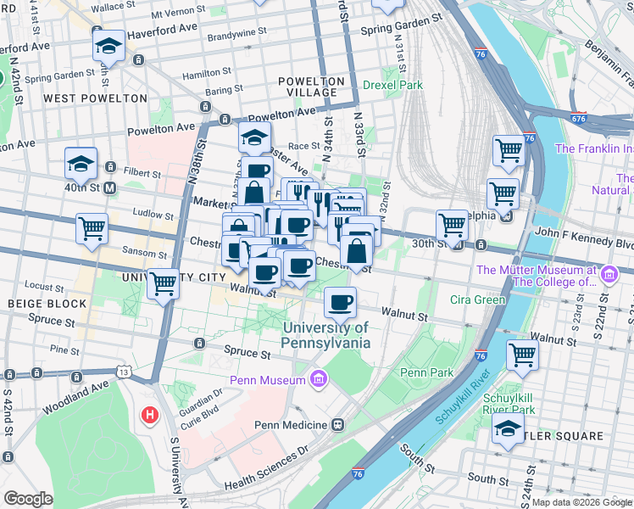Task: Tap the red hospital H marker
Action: click(x=150, y=416)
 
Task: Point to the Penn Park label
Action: click(x=423, y=372)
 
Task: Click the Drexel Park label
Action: click(x=392, y=85)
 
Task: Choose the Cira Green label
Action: click(x=478, y=299)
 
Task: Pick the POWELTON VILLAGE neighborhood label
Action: click(x=312, y=87)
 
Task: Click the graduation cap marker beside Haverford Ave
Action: click(x=108, y=48)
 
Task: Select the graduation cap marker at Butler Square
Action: click(x=508, y=430)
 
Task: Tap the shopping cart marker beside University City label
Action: click(x=163, y=284)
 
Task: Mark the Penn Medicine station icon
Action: click(x=337, y=424)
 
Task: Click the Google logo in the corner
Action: click(x=28, y=499)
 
